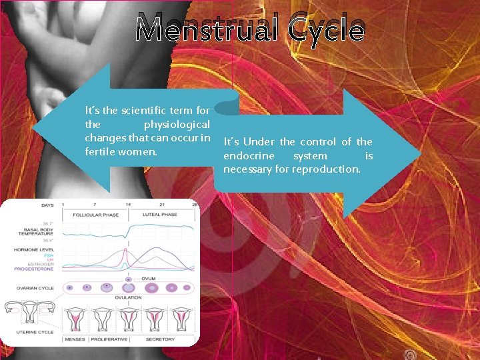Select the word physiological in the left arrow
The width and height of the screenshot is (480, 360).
177,125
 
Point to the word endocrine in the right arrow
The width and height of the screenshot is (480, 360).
247,156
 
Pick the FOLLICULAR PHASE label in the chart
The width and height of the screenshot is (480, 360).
95,215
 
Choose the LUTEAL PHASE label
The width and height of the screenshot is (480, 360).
160,215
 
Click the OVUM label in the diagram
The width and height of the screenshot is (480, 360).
149,278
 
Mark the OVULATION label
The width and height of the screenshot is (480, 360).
128,297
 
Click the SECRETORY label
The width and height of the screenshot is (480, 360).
160,339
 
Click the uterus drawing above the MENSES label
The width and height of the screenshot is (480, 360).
76,319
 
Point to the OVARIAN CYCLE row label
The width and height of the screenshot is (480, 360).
35,288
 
